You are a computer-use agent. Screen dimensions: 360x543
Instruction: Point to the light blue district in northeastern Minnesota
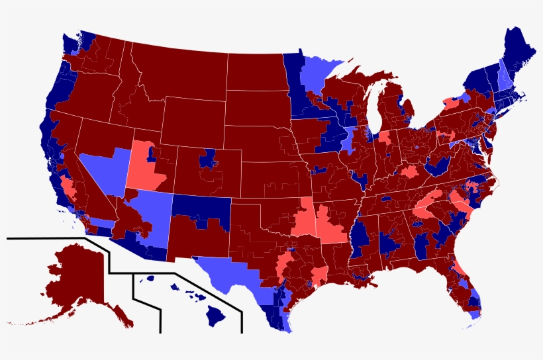click(x=318, y=73)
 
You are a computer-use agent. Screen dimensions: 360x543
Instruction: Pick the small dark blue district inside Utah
click(x=152, y=154)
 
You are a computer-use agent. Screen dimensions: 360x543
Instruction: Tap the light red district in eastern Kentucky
click(x=409, y=173)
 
